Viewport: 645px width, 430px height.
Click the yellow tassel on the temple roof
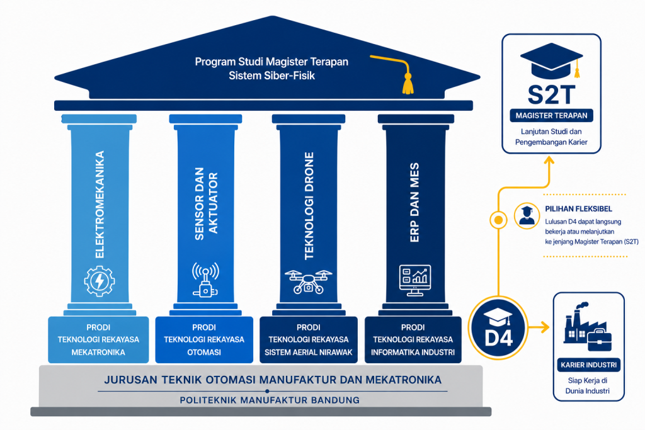[408, 84]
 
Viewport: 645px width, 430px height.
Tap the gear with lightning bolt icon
[99, 281]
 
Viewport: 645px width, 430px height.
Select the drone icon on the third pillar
[308, 281]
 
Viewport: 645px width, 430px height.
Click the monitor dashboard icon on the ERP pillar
[414, 280]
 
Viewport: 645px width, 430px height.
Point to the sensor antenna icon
[205, 280]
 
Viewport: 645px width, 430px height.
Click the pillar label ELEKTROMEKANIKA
[100, 205]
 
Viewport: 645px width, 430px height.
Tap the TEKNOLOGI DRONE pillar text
[309, 206]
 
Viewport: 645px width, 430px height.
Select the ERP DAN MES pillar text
[414, 202]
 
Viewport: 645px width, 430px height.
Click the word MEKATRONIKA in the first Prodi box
[98, 353]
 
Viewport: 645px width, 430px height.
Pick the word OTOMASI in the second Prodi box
[204, 353]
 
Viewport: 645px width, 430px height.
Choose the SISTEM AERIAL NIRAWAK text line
[309, 353]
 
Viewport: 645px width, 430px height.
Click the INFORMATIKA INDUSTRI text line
[413, 353]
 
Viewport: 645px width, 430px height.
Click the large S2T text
[551, 95]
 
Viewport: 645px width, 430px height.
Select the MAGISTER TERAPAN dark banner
[551, 115]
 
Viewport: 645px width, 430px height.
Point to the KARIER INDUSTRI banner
[589, 365]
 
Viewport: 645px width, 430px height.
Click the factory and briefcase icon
[588, 326]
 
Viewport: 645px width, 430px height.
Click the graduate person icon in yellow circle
[527, 216]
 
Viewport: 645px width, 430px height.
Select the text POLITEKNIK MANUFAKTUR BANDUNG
[270, 400]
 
